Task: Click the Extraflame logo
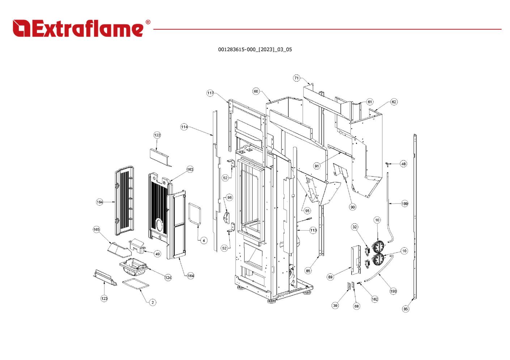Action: point(81,28)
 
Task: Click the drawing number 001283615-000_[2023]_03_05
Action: point(255,50)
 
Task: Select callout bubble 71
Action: point(296,78)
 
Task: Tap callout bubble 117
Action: point(210,93)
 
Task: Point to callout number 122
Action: point(157,135)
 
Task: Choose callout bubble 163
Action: point(190,169)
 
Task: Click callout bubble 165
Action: point(96,229)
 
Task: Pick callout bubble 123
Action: point(104,298)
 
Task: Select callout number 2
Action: point(153,302)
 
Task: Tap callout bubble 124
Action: point(168,277)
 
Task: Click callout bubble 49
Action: point(158,254)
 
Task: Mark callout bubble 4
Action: point(204,240)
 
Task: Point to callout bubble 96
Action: point(229,197)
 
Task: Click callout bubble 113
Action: point(313,230)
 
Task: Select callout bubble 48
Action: point(403,164)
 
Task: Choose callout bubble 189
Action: point(405,203)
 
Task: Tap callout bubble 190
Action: point(393,291)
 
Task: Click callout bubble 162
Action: point(374,299)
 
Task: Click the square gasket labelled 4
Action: point(189,214)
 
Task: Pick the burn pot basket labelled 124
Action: point(133,267)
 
